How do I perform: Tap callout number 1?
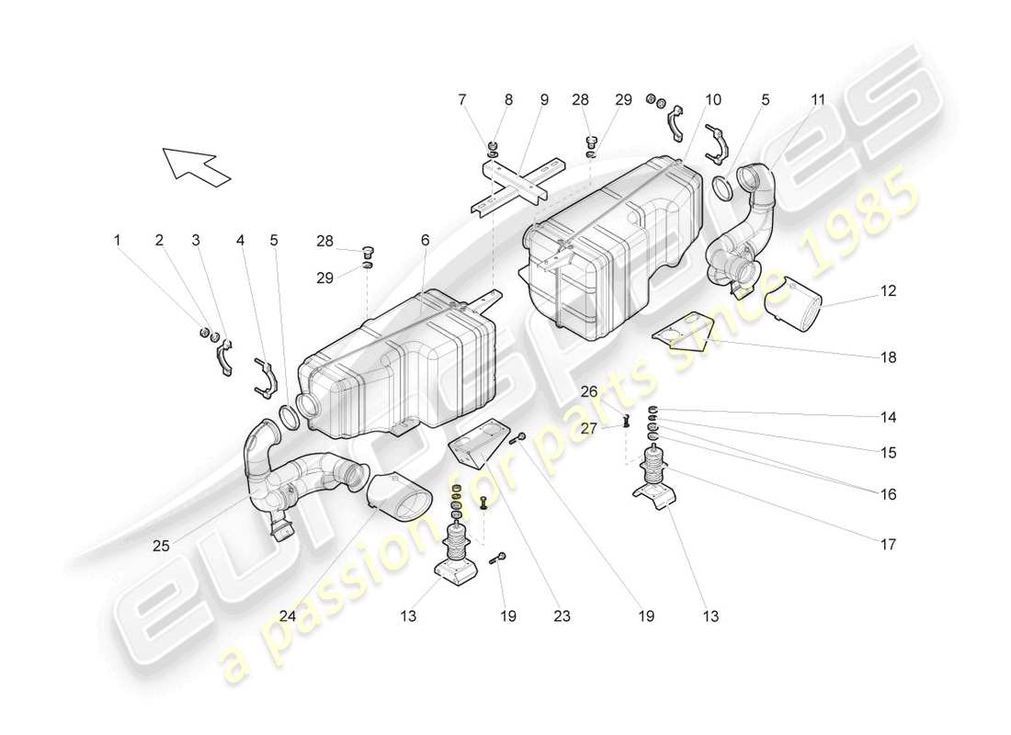pos(117,240)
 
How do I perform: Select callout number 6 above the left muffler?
pos(425,240)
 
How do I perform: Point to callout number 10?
pos(713,99)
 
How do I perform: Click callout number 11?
pos(818,99)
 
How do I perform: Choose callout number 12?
pos(887,291)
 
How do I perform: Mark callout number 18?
pos(887,357)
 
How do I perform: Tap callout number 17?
pos(887,544)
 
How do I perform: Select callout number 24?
pos(288,616)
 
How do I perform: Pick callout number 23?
pos(562,616)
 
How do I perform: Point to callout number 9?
pos(544,99)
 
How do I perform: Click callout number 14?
pos(887,417)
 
